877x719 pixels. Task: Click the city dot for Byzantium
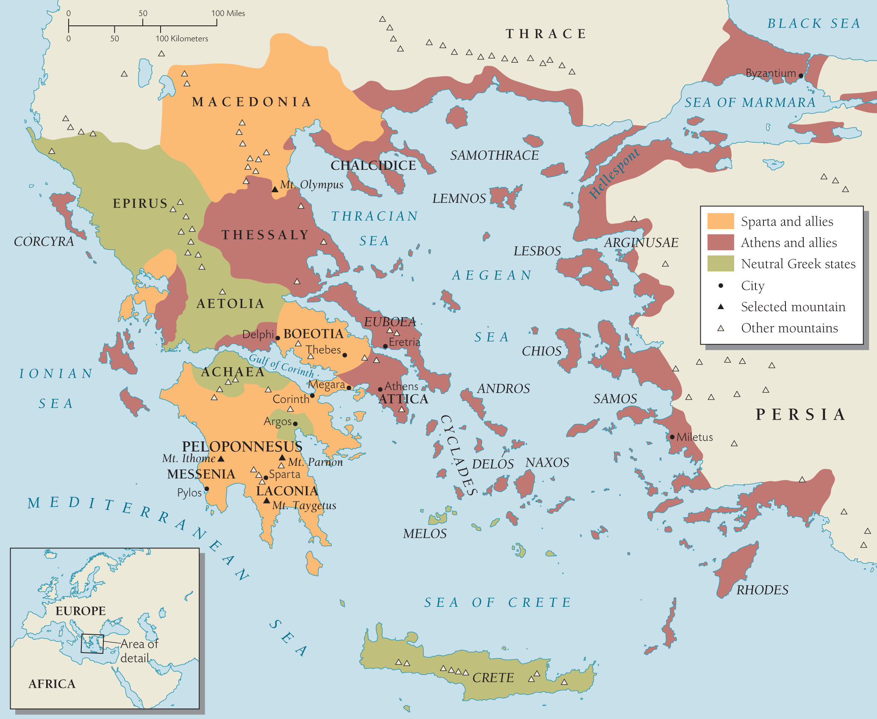click(x=801, y=76)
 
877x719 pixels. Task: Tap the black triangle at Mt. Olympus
click(x=275, y=189)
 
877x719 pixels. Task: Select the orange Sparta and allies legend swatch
click(x=720, y=221)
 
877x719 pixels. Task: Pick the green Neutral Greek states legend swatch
click(x=720, y=263)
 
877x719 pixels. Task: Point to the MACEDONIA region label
click(x=252, y=102)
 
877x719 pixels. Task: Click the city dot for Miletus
click(x=672, y=437)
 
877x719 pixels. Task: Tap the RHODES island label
click(x=762, y=590)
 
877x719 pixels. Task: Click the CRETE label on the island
click(x=493, y=678)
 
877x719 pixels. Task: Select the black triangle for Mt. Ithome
click(x=221, y=459)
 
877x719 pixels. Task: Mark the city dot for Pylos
click(x=207, y=489)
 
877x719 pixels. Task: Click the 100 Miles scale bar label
click(x=228, y=13)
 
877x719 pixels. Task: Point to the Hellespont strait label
click(x=614, y=174)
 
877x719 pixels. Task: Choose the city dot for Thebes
click(x=345, y=355)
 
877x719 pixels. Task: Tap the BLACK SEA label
click(x=813, y=23)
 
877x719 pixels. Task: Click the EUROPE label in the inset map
click(x=80, y=611)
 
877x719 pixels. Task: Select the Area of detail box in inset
click(x=92, y=644)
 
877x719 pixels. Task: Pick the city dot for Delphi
click(x=278, y=338)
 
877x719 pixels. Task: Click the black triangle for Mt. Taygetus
click(x=266, y=501)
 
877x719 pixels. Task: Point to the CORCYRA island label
click(x=44, y=241)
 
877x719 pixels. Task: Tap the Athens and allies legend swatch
click(x=720, y=242)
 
